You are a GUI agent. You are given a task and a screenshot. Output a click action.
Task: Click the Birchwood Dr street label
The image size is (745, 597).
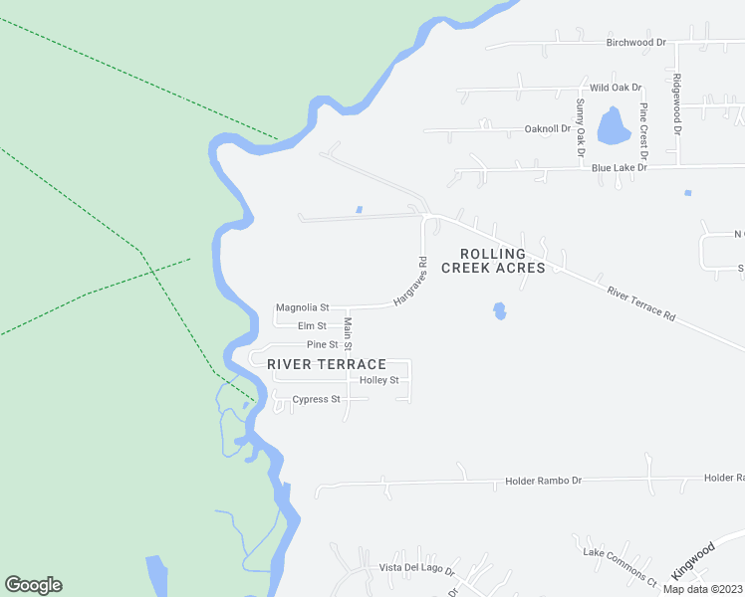[x=636, y=43]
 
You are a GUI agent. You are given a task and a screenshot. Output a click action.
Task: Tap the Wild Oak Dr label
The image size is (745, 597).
[x=617, y=88]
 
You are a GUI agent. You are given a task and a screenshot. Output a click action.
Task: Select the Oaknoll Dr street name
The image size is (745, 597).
[x=548, y=129]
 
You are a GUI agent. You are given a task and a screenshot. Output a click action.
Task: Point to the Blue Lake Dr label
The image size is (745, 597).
[x=620, y=169]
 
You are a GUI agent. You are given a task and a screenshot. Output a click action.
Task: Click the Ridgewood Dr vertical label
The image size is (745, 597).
[x=676, y=105]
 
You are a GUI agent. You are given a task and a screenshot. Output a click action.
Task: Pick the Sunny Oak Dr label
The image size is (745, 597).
[x=579, y=127]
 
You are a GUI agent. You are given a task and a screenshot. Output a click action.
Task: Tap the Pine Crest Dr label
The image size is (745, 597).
[x=644, y=131]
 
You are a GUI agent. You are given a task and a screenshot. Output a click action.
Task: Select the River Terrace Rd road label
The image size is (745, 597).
[x=641, y=302]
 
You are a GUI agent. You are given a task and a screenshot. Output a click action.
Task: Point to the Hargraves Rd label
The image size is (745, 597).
[x=409, y=282]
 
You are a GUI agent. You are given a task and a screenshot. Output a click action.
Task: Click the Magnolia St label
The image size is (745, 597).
[x=303, y=308]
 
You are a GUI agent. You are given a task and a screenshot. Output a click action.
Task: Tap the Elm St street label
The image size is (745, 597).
[x=312, y=326]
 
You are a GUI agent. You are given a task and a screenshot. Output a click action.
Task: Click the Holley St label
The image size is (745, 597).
[x=378, y=381]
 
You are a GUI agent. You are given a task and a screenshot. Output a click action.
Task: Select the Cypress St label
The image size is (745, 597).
[x=316, y=400]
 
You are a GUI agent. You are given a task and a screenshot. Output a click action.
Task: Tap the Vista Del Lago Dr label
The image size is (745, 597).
[x=416, y=569]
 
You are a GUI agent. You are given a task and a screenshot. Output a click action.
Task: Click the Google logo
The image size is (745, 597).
[x=33, y=585]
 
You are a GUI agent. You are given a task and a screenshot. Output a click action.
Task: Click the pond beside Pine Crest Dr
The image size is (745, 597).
[x=611, y=128]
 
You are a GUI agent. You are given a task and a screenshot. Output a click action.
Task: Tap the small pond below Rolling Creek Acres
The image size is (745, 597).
[x=499, y=311]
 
